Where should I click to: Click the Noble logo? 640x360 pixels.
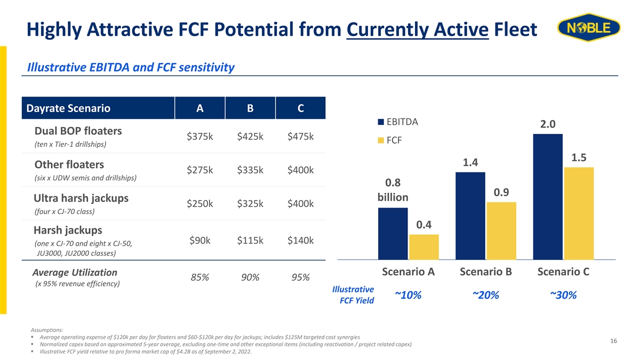point(589,27)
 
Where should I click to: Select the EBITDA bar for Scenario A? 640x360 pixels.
point(393,234)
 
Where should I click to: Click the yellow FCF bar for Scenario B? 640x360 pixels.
point(501,231)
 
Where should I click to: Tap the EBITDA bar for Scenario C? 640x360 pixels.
point(548,197)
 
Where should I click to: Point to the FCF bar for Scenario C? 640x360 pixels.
point(579,213)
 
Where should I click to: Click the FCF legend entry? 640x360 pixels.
point(390,140)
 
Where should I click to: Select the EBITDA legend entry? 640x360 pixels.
point(398,122)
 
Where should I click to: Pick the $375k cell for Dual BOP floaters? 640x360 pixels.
point(199,137)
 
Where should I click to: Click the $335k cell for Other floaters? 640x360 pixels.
point(250,170)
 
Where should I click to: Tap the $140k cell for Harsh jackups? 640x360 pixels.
point(300,241)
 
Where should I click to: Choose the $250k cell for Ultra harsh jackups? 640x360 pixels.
point(199,204)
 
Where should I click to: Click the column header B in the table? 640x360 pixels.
point(250,108)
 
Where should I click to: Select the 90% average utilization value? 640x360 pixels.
point(250,277)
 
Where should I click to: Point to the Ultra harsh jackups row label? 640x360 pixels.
point(81,198)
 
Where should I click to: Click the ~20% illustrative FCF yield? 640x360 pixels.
point(486,295)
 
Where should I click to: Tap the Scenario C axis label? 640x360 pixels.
point(563,271)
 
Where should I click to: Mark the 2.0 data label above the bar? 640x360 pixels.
point(548,124)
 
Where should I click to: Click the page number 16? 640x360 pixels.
point(613,341)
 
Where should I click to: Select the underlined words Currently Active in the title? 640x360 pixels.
point(418,29)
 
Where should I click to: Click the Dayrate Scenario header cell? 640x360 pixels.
point(98,108)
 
